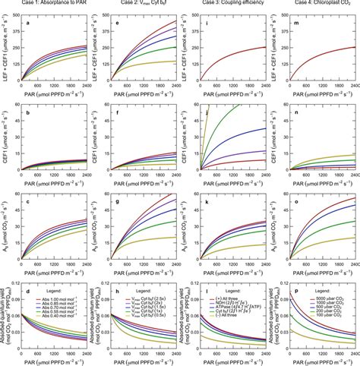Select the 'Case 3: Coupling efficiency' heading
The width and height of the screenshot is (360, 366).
coord(232,5)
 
